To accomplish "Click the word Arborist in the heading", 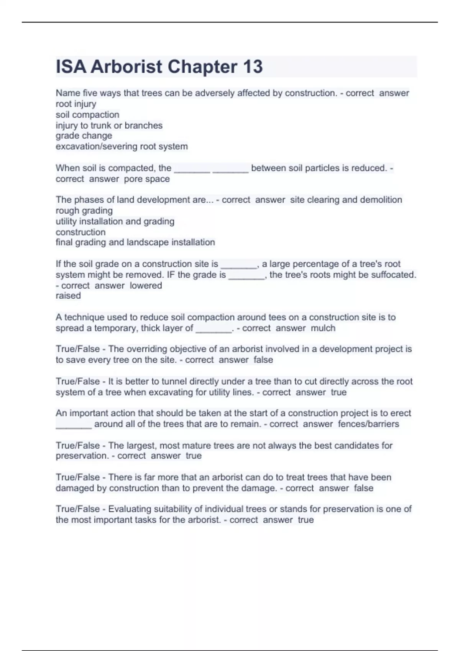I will pos(126,67).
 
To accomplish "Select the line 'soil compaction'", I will pos(87,114).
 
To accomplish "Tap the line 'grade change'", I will pos(84,136).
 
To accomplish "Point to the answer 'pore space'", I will pos(147,179).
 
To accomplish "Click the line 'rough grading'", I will pos(84,211).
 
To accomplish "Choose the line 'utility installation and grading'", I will pos(115,221).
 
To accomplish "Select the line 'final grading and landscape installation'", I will pos(135,242).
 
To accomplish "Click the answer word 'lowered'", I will pos(146,285).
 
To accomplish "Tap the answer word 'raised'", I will pos(68,296).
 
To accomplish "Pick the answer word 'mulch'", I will pos(323,328).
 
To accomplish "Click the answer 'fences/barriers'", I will pos(368,424).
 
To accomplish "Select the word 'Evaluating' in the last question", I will pos(130,509).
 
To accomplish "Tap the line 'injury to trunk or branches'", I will pos(109,125).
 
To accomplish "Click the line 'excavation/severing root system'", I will pos(122,146).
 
